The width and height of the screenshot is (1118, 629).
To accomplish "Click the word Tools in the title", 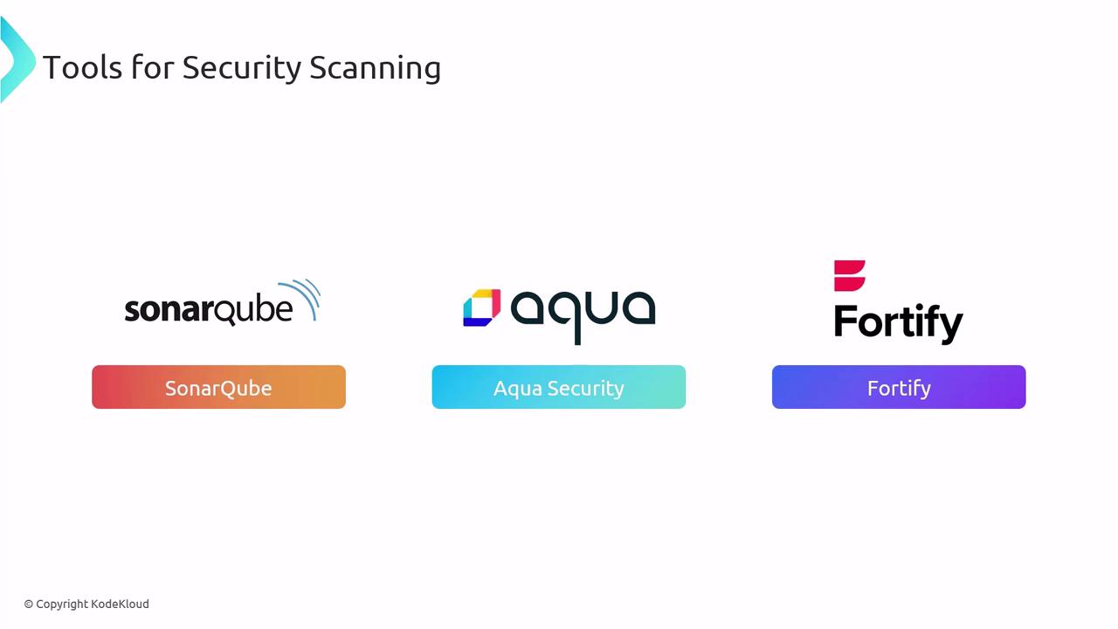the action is [x=82, y=67].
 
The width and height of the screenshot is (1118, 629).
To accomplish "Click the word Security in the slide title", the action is [x=242, y=68].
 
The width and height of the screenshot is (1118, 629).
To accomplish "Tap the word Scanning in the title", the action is [x=375, y=67].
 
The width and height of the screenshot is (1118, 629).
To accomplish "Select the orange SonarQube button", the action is [x=218, y=387].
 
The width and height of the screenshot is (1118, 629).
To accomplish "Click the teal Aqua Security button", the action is [x=558, y=387].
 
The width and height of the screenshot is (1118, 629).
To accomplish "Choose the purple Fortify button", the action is [x=899, y=387].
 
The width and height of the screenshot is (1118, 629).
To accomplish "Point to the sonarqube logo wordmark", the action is [x=209, y=310].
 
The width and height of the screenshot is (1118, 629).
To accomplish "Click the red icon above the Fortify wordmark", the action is [x=849, y=275].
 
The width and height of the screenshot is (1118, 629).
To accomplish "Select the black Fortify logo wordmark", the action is [x=899, y=322].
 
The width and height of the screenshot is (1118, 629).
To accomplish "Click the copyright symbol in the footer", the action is [x=29, y=605].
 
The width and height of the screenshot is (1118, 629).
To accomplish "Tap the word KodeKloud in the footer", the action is [x=120, y=604].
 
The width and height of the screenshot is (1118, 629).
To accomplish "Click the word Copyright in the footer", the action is [x=62, y=605].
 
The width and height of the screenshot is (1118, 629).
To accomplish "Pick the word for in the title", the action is [x=152, y=67].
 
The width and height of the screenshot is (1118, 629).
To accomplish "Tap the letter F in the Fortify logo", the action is [x=845, y=320].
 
